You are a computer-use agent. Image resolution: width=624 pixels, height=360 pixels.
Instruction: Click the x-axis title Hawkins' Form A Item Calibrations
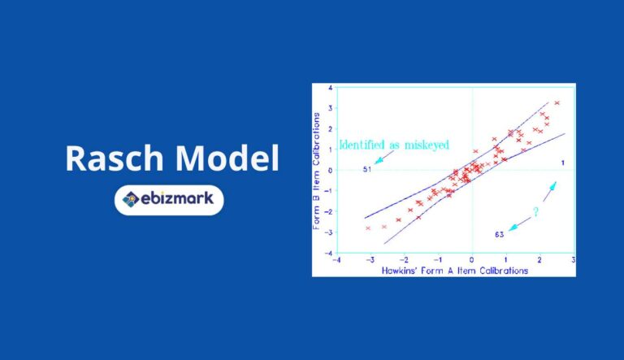click(455, 270)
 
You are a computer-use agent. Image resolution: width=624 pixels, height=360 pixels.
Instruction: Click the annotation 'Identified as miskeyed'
click(393, 145)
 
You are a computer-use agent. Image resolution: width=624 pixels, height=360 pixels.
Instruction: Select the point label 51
click(366, 169)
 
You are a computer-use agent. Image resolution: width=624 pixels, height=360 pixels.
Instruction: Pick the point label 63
click(499, 234)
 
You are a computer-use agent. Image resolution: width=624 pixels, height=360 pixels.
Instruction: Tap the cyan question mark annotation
click(535, 212)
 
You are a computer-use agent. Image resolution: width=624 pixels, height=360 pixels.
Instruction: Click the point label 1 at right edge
click(562, 164)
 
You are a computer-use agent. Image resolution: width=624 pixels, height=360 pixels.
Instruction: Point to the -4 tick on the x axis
click(336, 260)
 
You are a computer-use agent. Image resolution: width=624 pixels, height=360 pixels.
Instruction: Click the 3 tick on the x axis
click(574, 260)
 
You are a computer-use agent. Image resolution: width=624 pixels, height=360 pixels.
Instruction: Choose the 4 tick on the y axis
click(330, 87)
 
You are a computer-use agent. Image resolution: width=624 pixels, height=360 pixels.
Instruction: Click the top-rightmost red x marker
click(557, 103)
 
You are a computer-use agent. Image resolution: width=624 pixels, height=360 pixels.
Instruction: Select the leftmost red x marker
click(368, 228)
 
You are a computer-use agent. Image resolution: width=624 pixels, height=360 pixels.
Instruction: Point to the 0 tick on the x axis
click(472, 260)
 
